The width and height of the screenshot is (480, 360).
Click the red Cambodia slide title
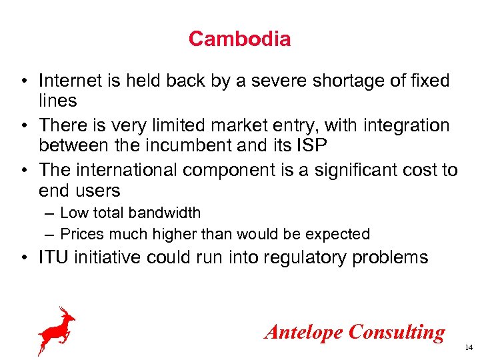point(239,39)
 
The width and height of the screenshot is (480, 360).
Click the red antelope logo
point(57,329)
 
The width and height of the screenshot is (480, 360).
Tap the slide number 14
point(468,348)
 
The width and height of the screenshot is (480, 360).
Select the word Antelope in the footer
point(304,331)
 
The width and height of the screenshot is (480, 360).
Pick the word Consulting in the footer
point(397,331)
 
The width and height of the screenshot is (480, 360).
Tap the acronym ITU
point(54,257)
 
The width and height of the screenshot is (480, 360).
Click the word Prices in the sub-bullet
point(78,234)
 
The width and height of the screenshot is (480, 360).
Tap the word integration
point(405,125)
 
